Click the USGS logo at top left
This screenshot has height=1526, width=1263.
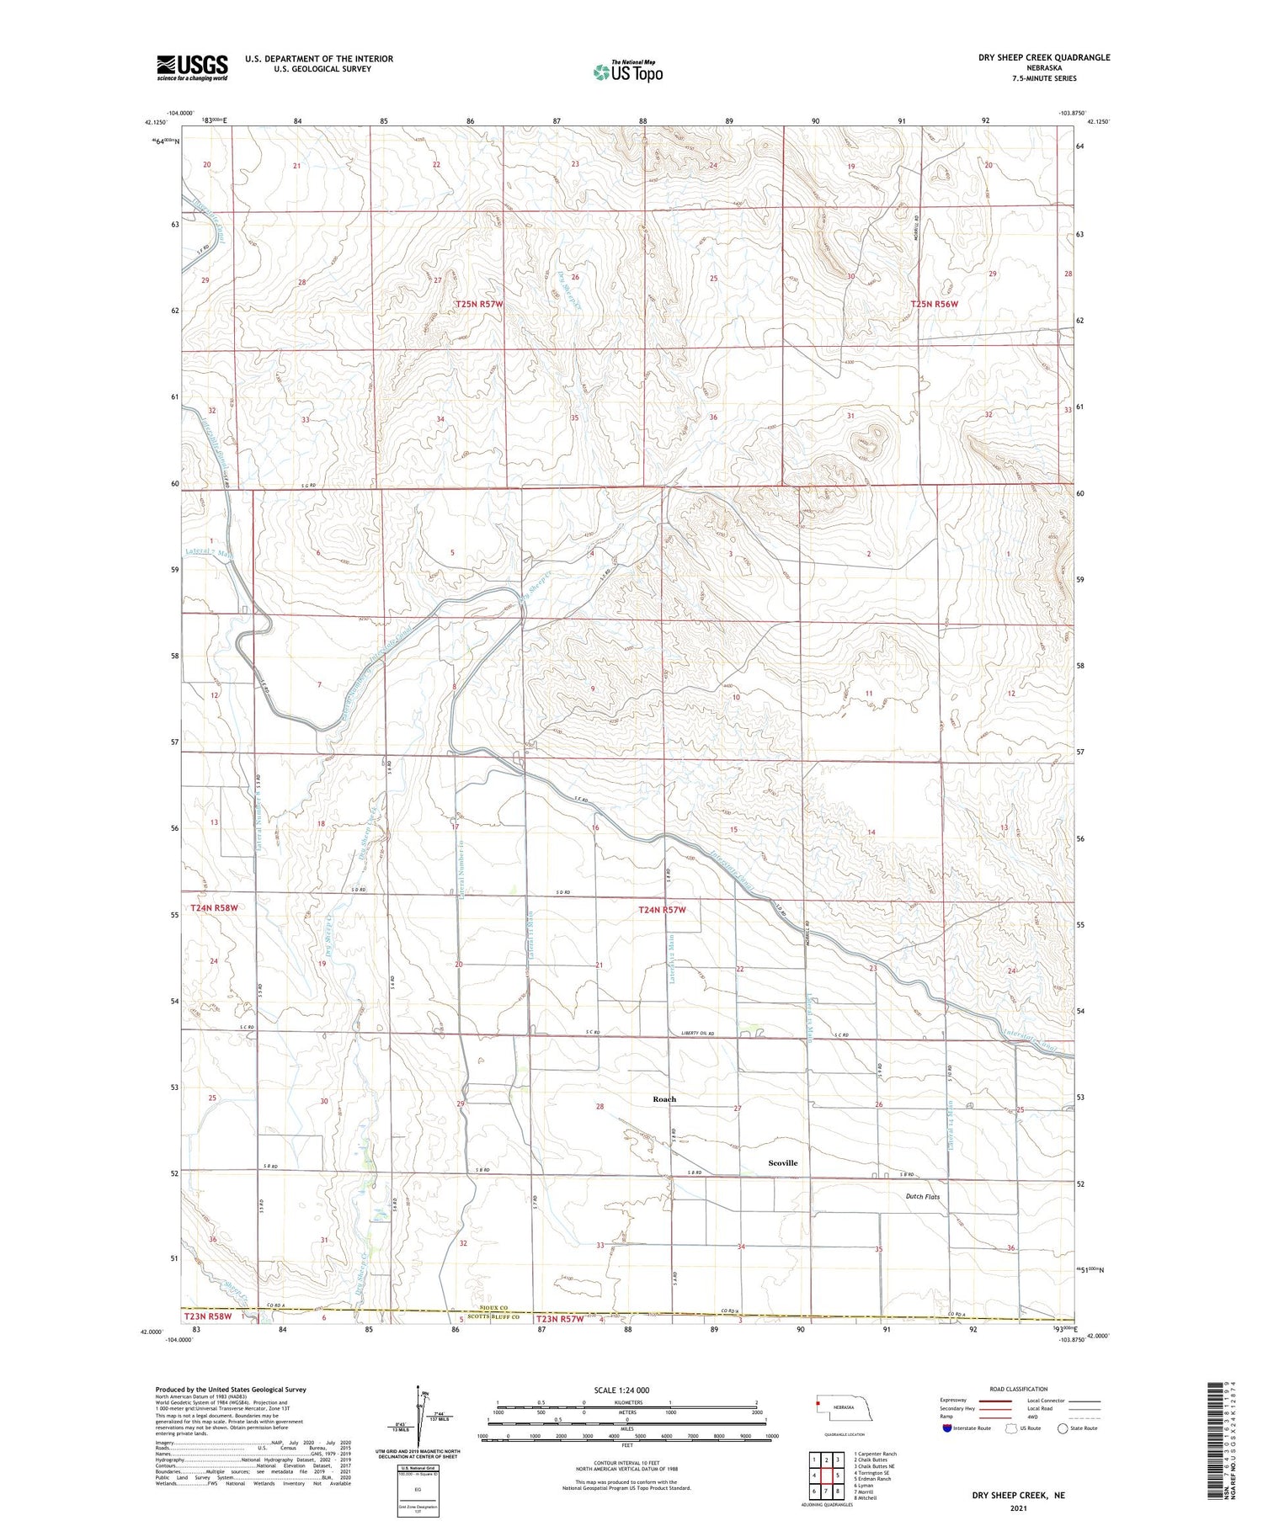[192, 67]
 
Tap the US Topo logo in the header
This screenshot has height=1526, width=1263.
[627, 72]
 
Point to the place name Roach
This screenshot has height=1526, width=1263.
[664, 1099]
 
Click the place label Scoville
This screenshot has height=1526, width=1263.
[782, 1162]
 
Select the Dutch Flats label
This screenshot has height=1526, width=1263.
[923, 1196]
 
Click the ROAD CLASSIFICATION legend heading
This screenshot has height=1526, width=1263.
[1019, 1389]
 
